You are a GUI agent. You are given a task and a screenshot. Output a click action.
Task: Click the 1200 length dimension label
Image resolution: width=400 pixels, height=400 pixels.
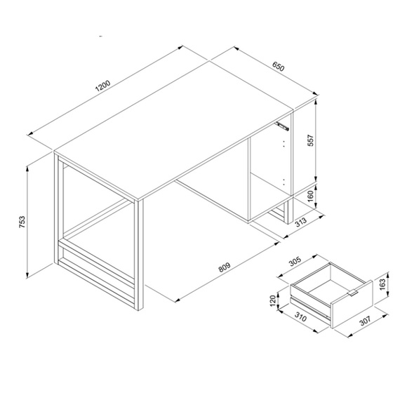[102, 86]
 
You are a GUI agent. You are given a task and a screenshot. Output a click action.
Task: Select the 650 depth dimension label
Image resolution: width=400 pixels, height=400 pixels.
[278, 67]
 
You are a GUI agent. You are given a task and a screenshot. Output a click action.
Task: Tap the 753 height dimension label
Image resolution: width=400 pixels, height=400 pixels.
[22, 222]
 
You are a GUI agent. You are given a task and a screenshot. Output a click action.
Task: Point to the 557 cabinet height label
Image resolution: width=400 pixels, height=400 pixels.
[311, 140]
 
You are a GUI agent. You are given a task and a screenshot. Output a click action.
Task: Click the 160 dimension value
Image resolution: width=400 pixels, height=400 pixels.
[311, 196]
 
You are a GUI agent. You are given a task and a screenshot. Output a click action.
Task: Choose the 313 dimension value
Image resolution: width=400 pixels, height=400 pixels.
[301, 222]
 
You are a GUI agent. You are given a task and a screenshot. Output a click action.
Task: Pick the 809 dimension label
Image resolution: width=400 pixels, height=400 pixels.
[225, 267]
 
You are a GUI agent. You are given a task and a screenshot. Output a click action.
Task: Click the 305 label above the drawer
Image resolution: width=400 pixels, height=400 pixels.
[295, 261]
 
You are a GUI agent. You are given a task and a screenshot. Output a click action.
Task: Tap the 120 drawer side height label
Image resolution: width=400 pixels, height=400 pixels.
[273, 301]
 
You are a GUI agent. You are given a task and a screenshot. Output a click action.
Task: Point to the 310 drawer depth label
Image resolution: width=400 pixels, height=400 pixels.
[300, 316]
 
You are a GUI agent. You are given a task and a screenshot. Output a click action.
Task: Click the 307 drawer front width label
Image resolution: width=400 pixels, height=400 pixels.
[365, 321]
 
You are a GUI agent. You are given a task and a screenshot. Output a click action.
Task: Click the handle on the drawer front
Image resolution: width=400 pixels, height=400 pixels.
[353, 293]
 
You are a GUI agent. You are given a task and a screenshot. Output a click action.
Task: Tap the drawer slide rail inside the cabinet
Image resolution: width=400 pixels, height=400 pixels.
[282, 126]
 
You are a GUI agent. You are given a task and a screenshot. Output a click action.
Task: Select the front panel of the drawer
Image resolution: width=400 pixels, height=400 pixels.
[352, 304]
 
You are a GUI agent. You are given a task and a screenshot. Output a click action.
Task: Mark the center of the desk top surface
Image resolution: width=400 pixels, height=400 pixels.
[174, 130]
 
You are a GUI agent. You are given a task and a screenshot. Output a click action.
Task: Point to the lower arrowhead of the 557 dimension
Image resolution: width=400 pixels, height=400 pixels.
[316, 178]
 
